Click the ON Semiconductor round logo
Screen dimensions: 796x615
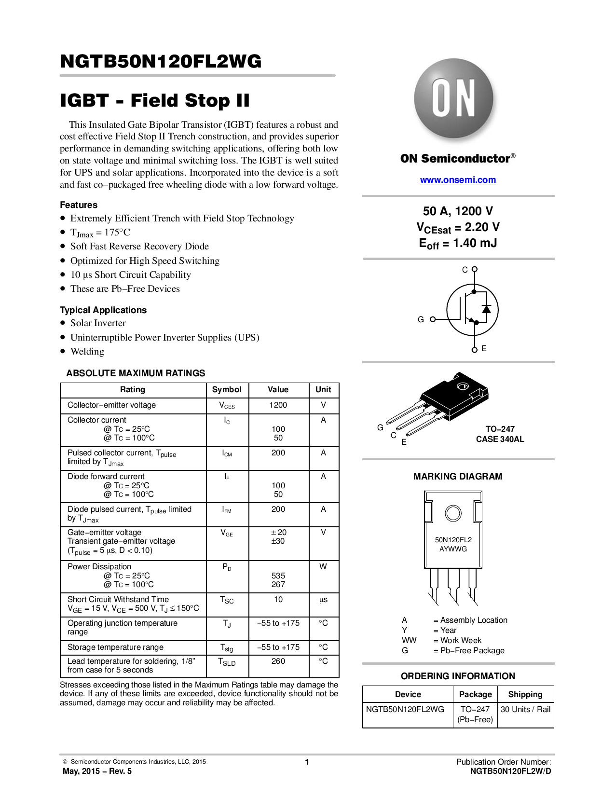453,98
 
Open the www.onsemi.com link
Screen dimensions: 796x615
458,180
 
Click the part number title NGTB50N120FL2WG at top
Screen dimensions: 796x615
161,61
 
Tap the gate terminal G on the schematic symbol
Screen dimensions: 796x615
432,319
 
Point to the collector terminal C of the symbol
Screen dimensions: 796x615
474,269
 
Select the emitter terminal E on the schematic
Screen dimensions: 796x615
475,349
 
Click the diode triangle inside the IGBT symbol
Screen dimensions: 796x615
486,309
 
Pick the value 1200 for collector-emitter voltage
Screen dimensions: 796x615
278,405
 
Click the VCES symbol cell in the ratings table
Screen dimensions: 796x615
227,405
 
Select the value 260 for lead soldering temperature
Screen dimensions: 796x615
278,661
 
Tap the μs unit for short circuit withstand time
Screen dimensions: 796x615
323,600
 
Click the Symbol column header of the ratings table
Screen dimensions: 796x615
227,390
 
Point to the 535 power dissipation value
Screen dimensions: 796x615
278,576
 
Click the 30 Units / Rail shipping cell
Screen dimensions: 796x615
525,710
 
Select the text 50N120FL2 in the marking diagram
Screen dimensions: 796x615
453,540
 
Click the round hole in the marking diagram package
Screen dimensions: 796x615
453,513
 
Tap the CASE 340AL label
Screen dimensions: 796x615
500,439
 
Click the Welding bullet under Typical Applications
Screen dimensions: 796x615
87,352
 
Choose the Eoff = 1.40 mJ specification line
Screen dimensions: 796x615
458,244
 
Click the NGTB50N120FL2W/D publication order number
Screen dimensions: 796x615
510,771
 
